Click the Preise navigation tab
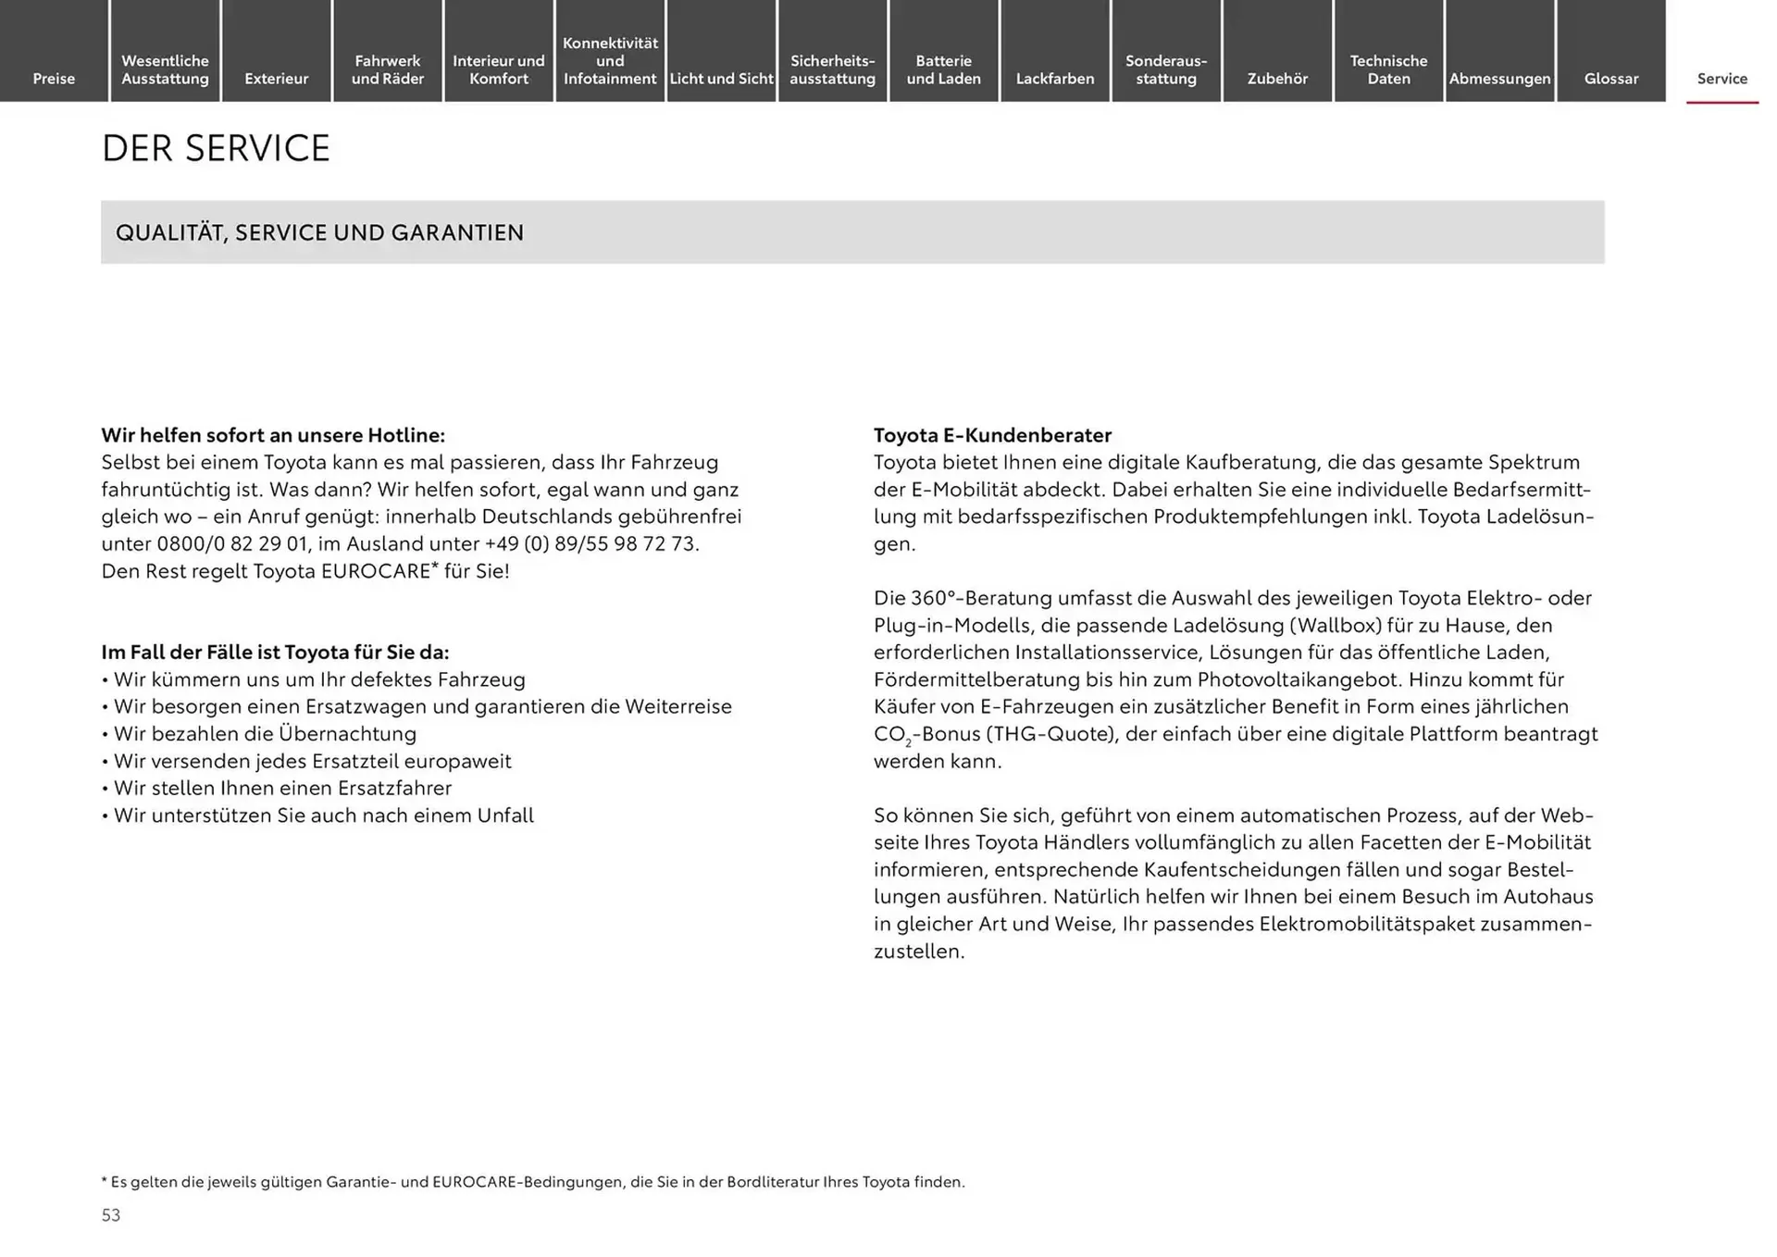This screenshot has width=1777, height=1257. [x=54, y=79]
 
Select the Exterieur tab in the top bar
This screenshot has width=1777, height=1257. [x=276, y=79]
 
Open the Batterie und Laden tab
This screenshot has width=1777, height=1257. [x=943, y=69]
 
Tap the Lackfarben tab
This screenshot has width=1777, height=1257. [x=1054, y=79]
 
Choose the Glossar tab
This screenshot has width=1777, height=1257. [x=1610, y=79]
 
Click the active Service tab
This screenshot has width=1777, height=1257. [x=1721, y=79]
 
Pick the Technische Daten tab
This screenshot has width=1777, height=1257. [x=1388, y=69]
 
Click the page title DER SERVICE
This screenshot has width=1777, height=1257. [x=216, y=148]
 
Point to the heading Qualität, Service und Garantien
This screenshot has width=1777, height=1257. [x=319, y=232]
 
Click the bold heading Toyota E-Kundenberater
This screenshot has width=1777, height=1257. [x=992, y=435]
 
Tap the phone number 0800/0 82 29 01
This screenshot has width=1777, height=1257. [x=231, y=544]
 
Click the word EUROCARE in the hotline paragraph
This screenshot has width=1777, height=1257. [x=376, y=571]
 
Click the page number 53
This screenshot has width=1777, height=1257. [x=111, y=1215]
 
